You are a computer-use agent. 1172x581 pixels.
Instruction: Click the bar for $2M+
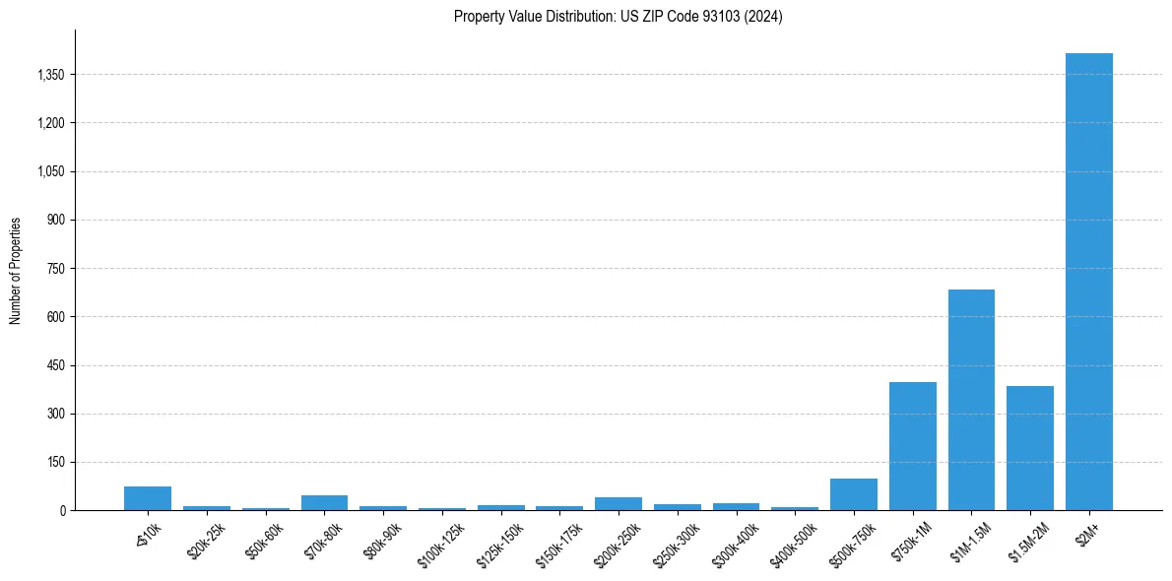coord(1089,282)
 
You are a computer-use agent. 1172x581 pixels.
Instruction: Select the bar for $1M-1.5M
coord(971,400)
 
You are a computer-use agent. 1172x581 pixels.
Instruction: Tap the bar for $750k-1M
coord(913,446)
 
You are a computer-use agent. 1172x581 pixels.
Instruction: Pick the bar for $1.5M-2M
coord(1030,448)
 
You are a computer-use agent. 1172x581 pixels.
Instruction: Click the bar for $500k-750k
coord(854,494)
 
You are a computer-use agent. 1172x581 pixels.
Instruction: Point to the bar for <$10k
coord(148,498)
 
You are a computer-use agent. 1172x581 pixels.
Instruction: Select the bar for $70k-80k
coord(324,503)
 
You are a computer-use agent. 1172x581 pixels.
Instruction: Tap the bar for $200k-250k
coord(619,504)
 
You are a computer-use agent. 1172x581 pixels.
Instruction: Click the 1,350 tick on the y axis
coord(48,75)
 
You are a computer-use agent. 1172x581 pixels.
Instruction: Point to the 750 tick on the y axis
coord(55,269)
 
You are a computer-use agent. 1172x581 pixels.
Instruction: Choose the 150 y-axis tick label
coord(55,463)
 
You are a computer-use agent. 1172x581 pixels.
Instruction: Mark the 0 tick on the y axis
coord(61,511)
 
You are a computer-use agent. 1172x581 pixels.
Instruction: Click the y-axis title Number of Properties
coord(16,271)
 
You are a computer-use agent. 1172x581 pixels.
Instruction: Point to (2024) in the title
coord(763,17)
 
